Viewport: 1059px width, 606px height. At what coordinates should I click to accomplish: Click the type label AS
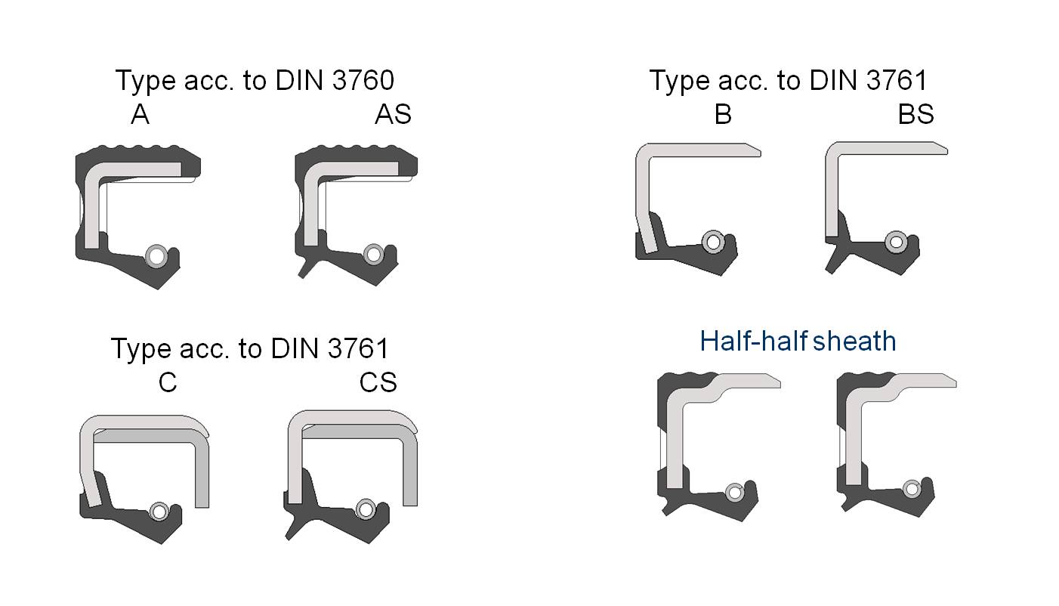pos(393,115)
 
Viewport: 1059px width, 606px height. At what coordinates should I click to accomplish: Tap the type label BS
pos(915,115)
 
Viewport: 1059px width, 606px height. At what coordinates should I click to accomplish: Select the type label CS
pos(378,382)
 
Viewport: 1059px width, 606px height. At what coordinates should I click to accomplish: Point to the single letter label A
pos(140,115)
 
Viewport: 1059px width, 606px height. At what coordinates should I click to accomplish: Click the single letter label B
pos(723,115)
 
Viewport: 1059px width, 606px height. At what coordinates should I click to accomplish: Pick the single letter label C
pos(168,382)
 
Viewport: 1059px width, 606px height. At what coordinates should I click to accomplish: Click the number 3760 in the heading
pos(363,80)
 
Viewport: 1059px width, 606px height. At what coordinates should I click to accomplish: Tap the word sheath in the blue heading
pos(854,341)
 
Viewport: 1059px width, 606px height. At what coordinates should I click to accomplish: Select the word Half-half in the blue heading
pos(754,341)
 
